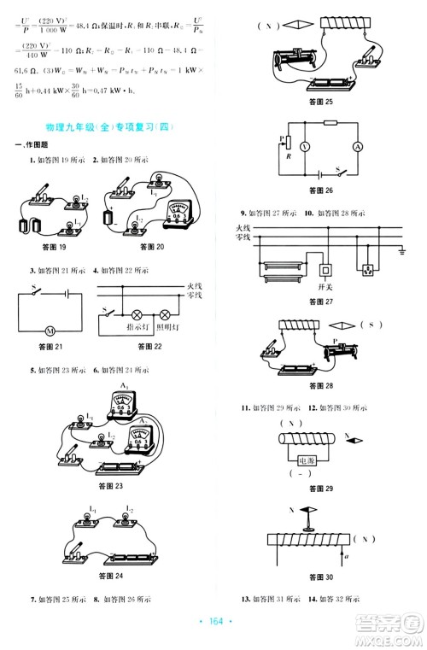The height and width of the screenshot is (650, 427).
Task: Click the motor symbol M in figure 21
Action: [x=49, y=329]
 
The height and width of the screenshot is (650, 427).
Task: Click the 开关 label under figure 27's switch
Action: [x=325, y=289]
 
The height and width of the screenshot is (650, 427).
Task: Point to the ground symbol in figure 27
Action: [x=402, y=250]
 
